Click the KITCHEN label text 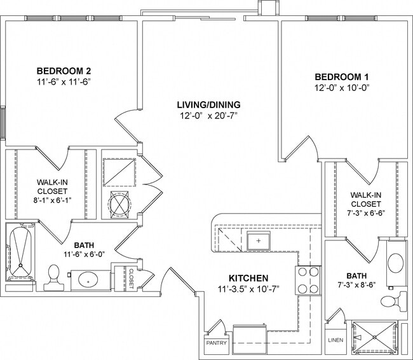248,279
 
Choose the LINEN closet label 335,340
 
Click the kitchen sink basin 259,241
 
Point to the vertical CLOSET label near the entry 132,278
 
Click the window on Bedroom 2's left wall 3,123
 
